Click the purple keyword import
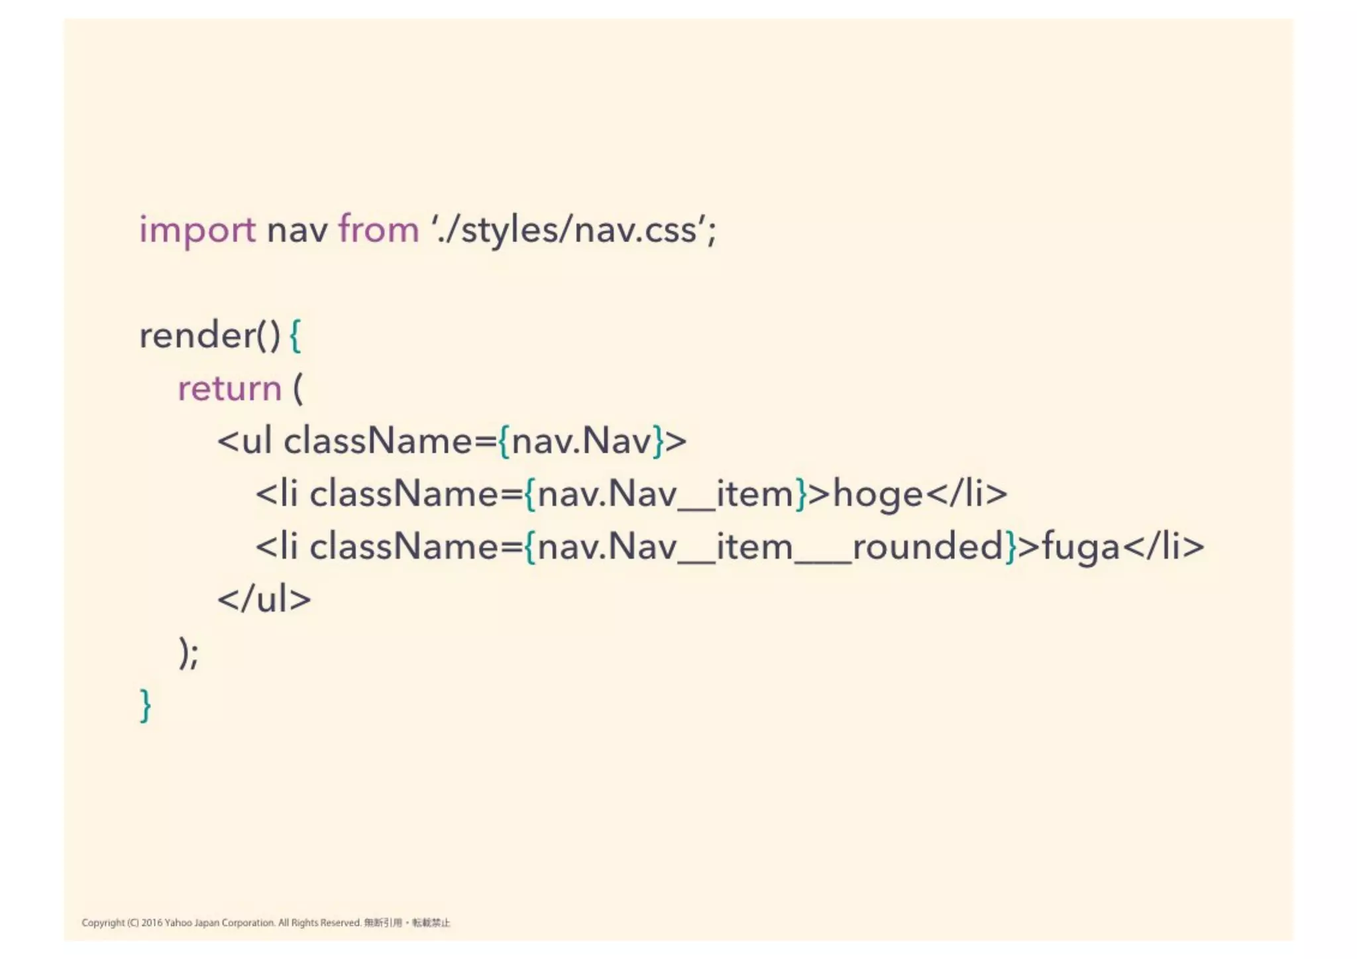point(197,231)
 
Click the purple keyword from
point(378,230)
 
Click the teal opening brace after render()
point(296,336)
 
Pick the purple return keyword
point(230,388)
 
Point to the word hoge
point(877,494)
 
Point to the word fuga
point(1080,547)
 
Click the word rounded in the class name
point(928,547)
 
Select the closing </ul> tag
point(264,600)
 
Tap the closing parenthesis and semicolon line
point(189,653)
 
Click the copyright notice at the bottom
point(266,923)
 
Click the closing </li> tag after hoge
point(966,494)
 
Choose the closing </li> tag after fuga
point(1164,547)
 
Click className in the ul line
point(390,441)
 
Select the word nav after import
point(297,231)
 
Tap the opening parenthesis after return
point(298,388)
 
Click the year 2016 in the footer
point(151,923)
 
